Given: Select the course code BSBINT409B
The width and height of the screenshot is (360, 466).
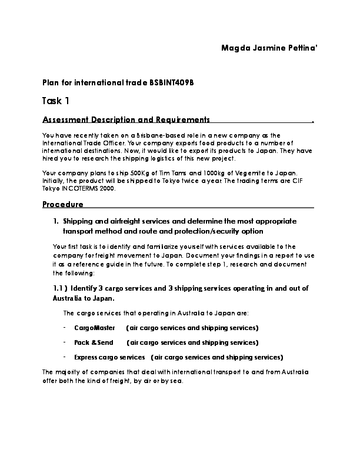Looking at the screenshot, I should coord(172,82).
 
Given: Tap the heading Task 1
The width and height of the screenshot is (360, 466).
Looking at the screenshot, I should coord(56,101).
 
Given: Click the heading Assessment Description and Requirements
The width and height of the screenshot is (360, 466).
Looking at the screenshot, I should coord(126,120).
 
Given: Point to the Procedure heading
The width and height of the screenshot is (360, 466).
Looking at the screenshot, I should coord(63,204).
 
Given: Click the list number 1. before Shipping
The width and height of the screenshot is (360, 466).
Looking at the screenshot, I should coord(56,221).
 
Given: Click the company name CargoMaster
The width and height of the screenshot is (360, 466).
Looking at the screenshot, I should coord(95,327).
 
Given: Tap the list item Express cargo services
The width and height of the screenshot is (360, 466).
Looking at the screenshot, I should coord(109,357).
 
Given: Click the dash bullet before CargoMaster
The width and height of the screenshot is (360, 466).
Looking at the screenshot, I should coord(64,327).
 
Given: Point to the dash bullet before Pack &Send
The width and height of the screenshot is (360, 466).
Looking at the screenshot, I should coord(64,342).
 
